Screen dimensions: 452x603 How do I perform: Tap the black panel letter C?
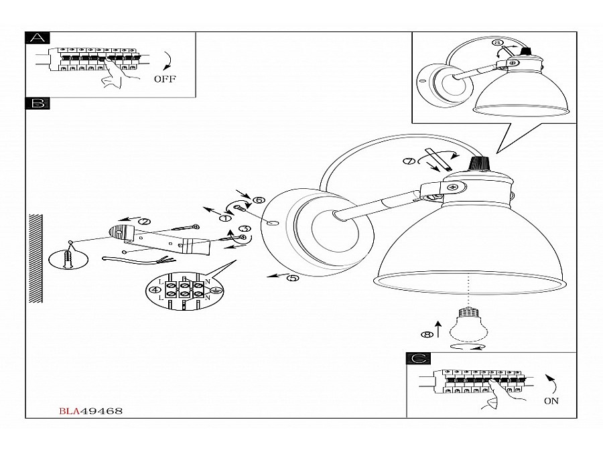tap(417, 358)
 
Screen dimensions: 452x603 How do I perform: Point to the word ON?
tap(551, 401)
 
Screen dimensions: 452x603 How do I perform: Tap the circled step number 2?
tap(143, 222)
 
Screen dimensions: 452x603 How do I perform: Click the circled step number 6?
tap(259, 200)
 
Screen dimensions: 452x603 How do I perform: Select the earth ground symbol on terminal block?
tap(216, 289)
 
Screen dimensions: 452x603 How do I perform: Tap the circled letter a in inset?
tap(497, 43)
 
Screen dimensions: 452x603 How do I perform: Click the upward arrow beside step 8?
tap(438, 328)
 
